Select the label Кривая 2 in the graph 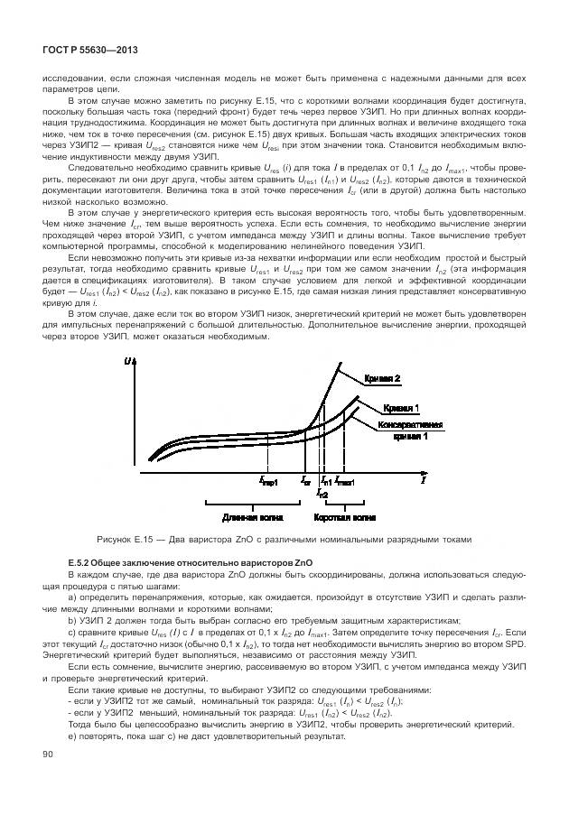382,378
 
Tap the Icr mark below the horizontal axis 305,482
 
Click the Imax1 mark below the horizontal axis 344,482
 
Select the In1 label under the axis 325,482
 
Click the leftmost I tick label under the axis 268,482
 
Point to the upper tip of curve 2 340,364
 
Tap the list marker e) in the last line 72,736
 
